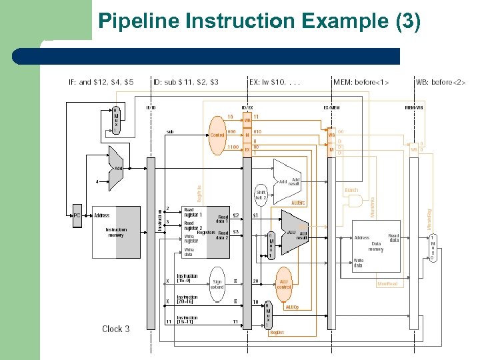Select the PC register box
(77, 215)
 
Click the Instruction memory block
(116, 232)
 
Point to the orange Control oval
(217, 135)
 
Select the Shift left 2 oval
(261, 195)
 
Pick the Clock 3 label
(116, 329)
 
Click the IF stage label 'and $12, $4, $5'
(101, 82)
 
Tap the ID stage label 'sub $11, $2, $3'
(186, 82)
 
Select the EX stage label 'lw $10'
(275, 82)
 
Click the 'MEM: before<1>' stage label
(361, 82)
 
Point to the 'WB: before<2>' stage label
(441, 82)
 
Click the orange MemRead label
(387, 284)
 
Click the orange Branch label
(351, 190)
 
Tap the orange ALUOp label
(292, 307)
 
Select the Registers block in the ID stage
(207, 233)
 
